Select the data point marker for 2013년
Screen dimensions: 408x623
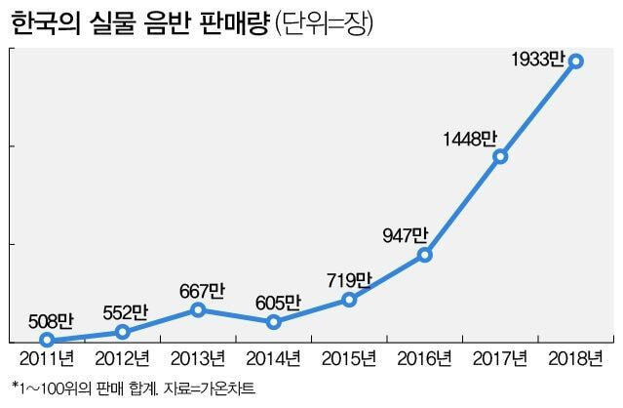coord(198,309)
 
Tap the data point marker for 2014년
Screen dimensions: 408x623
coord(274,322)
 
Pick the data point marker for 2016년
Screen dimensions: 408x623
coord(425,255)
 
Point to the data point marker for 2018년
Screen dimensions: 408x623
coord(576,61)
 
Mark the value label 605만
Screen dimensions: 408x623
coord(278,303)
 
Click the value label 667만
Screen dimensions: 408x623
coord(202,290)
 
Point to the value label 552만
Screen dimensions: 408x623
coord(125,313)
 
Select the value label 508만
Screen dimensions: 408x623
coord(50,320)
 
